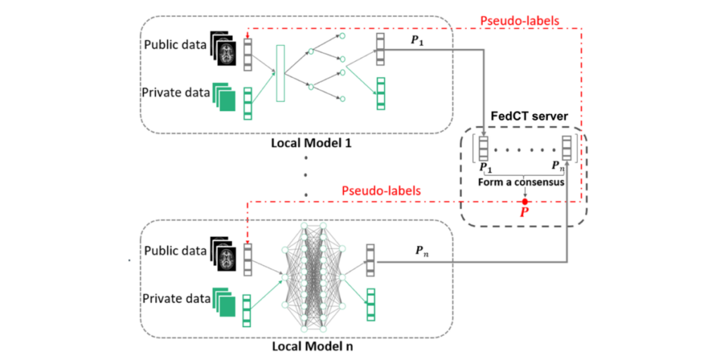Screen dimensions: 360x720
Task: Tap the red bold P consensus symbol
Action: (524, 212)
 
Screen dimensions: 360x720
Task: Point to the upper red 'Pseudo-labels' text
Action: (520, 20)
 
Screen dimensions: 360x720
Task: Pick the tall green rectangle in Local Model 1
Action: (281, 75)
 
